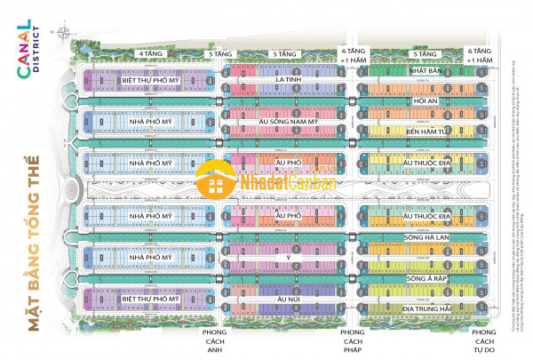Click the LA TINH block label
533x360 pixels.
click(285, 81)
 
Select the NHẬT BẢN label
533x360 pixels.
click(426, 69)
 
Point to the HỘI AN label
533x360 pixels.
click(426, 100)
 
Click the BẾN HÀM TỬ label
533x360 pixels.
click(426, 132)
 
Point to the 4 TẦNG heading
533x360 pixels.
click(150, 53)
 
